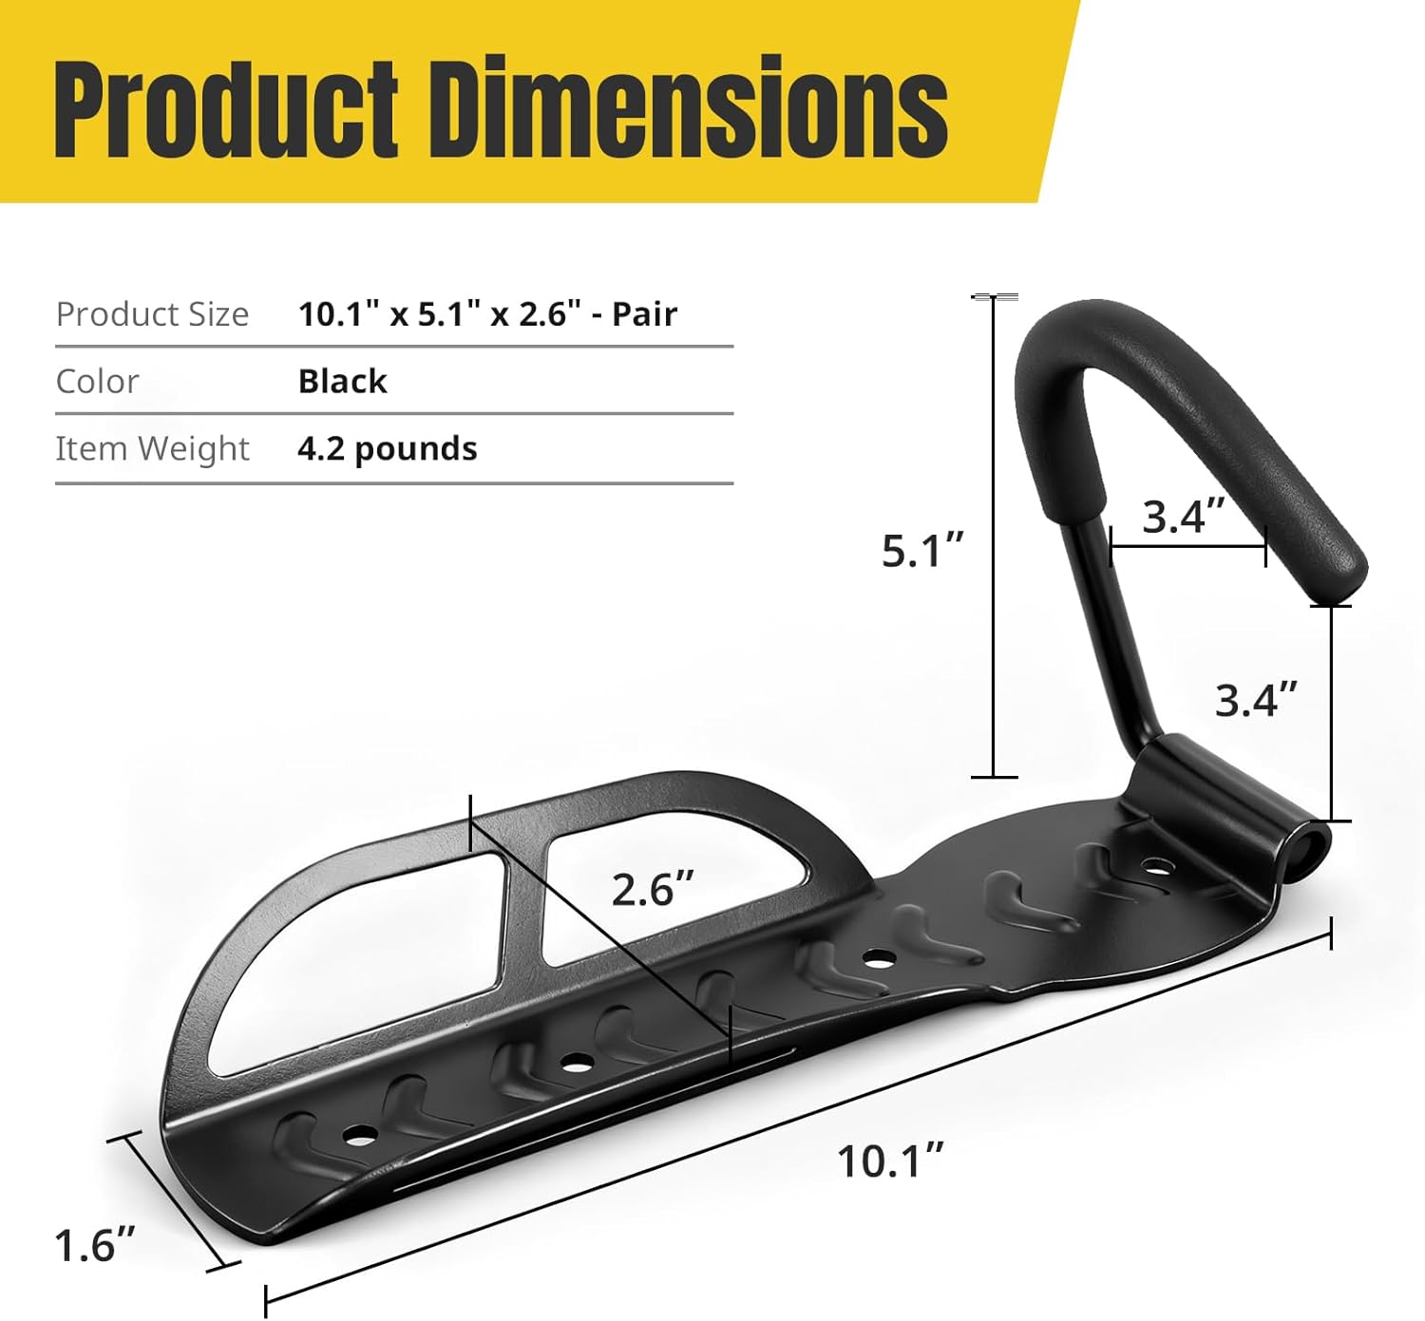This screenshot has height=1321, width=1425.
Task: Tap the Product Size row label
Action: pos(152,314)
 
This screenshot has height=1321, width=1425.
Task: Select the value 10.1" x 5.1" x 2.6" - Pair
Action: pos(487,314)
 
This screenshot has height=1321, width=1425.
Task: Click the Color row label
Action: pos(97,382)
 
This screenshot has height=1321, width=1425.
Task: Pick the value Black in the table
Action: pos(342,382)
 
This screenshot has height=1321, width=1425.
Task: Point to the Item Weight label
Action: pos(152,448)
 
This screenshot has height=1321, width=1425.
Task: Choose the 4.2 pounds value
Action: pos(387,448)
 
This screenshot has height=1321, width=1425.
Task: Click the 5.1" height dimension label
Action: pos(922,551)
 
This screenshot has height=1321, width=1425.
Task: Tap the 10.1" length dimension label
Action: pos(890,1161)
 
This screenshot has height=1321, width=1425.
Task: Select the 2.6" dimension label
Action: pos(653,890)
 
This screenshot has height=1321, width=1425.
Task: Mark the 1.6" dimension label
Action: pos(95,1245)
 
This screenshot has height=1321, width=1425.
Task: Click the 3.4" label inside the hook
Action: pos(1185,518)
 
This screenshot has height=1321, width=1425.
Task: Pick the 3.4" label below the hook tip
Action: pos(1256,701)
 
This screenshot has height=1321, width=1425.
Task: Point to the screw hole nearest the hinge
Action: pos(1155,866)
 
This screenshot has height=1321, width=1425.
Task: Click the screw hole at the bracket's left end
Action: pos(359,1134)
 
